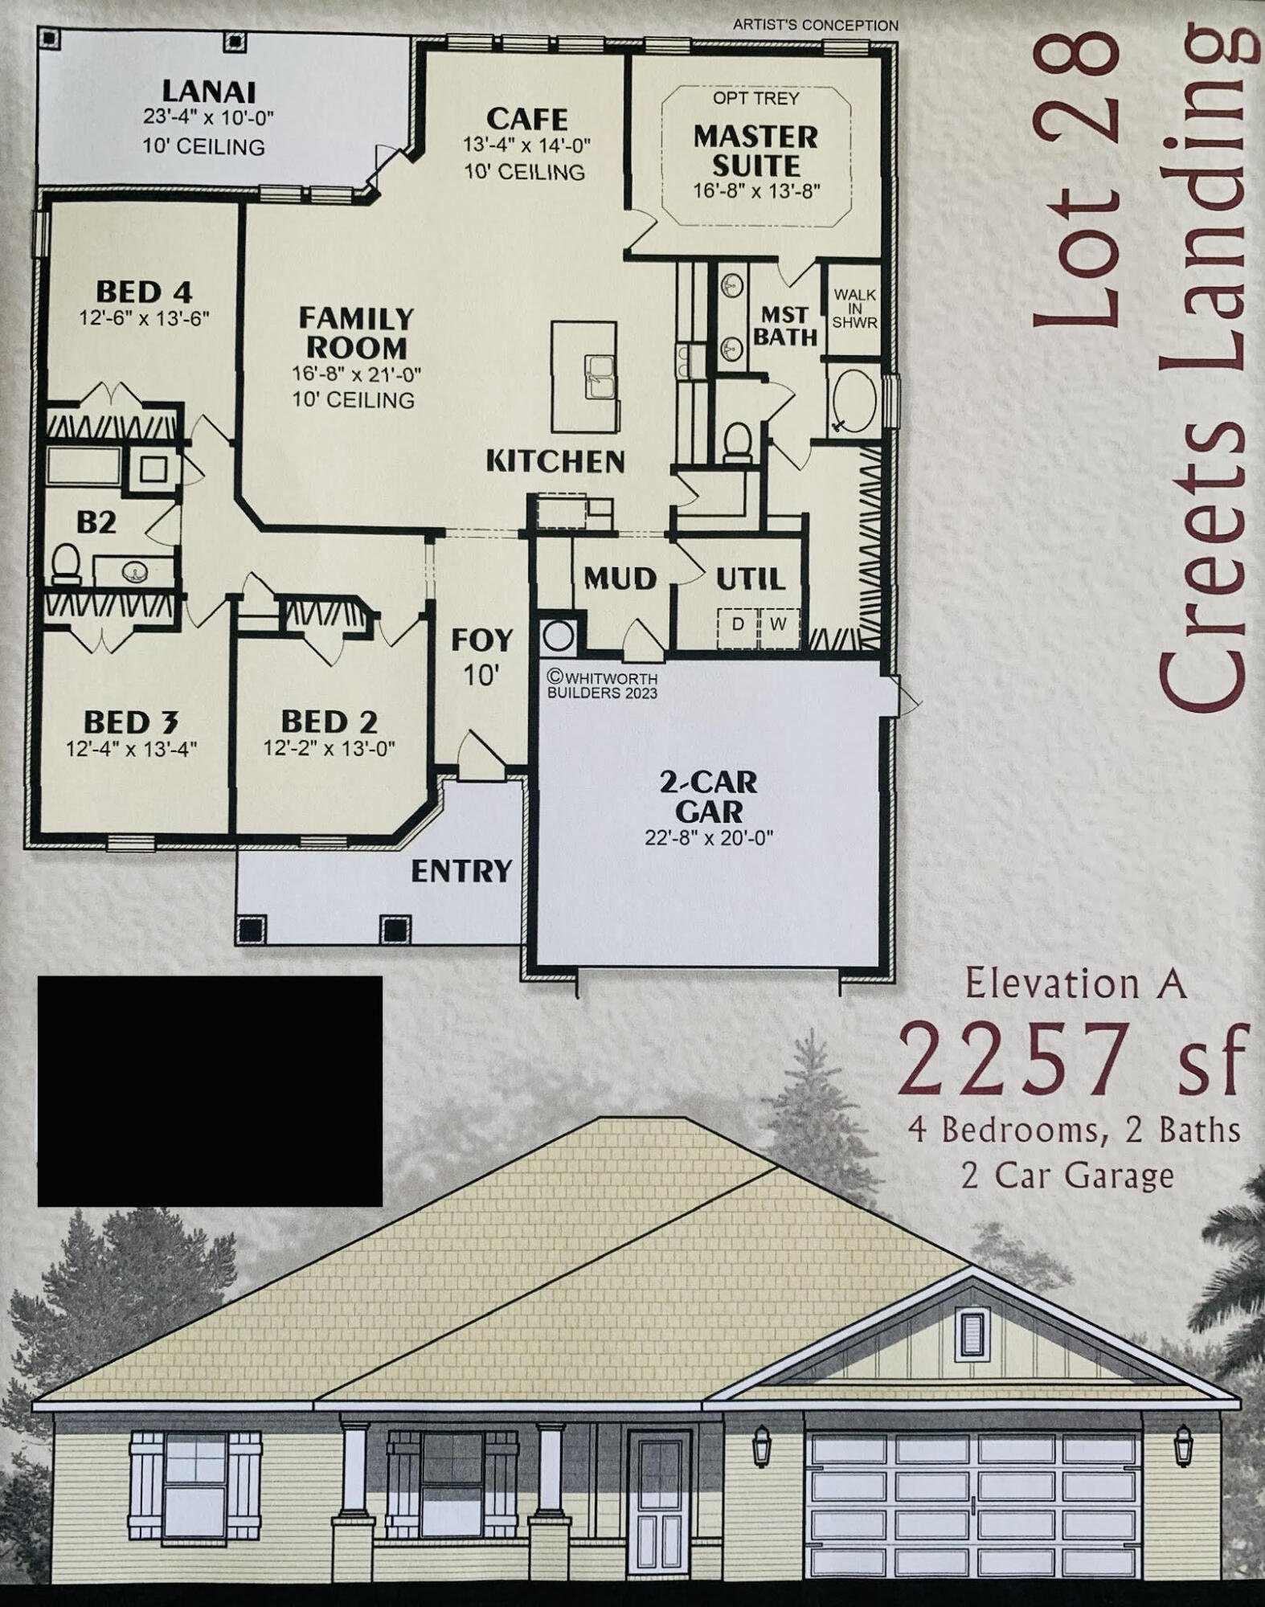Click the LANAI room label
pyautogui.click(x=208, y=91)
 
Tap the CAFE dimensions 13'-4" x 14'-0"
pyautogui.click(x=526, y=145)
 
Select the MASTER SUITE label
pyautogui.click(x=756, y=151)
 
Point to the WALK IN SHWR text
pyautogui.click(x=854, y=309)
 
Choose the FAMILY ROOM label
pyautogui.click(x=356, y=333)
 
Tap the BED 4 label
pyautogui.click(x=144, y=291)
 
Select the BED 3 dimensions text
pyautogui.click(x=131, y=749)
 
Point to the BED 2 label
pyautogui.click(x=329, y=721)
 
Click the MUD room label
pyautogui.click(x=620, y=578)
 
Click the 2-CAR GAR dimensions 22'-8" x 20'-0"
pyautogui.click(x=708, y=837)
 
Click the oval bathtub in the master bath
pyautogui.click(x=855, y=401)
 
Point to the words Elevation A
pyautogui.click(x=1075, y=984)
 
